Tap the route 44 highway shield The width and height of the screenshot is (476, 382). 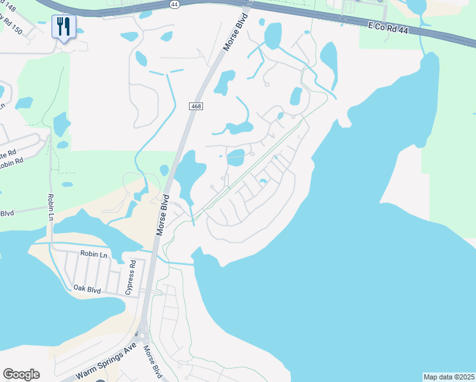(x=175, y=3)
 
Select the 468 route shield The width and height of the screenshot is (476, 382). (x=196, y=106)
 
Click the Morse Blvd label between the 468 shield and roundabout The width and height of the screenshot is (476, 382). (x=163, y=216)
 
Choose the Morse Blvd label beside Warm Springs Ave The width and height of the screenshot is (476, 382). (x=153, y=361)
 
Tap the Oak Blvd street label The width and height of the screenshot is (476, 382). (x=87, y=289)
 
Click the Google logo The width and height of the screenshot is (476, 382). (x=21, y=374)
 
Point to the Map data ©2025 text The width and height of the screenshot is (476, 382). (x=449, y=377)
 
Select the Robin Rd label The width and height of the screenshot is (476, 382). (x=11, y=162)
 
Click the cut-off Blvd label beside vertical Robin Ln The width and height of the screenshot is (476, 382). (x=7, y=213)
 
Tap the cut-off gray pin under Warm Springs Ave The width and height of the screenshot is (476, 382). (x=100, y=380)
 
